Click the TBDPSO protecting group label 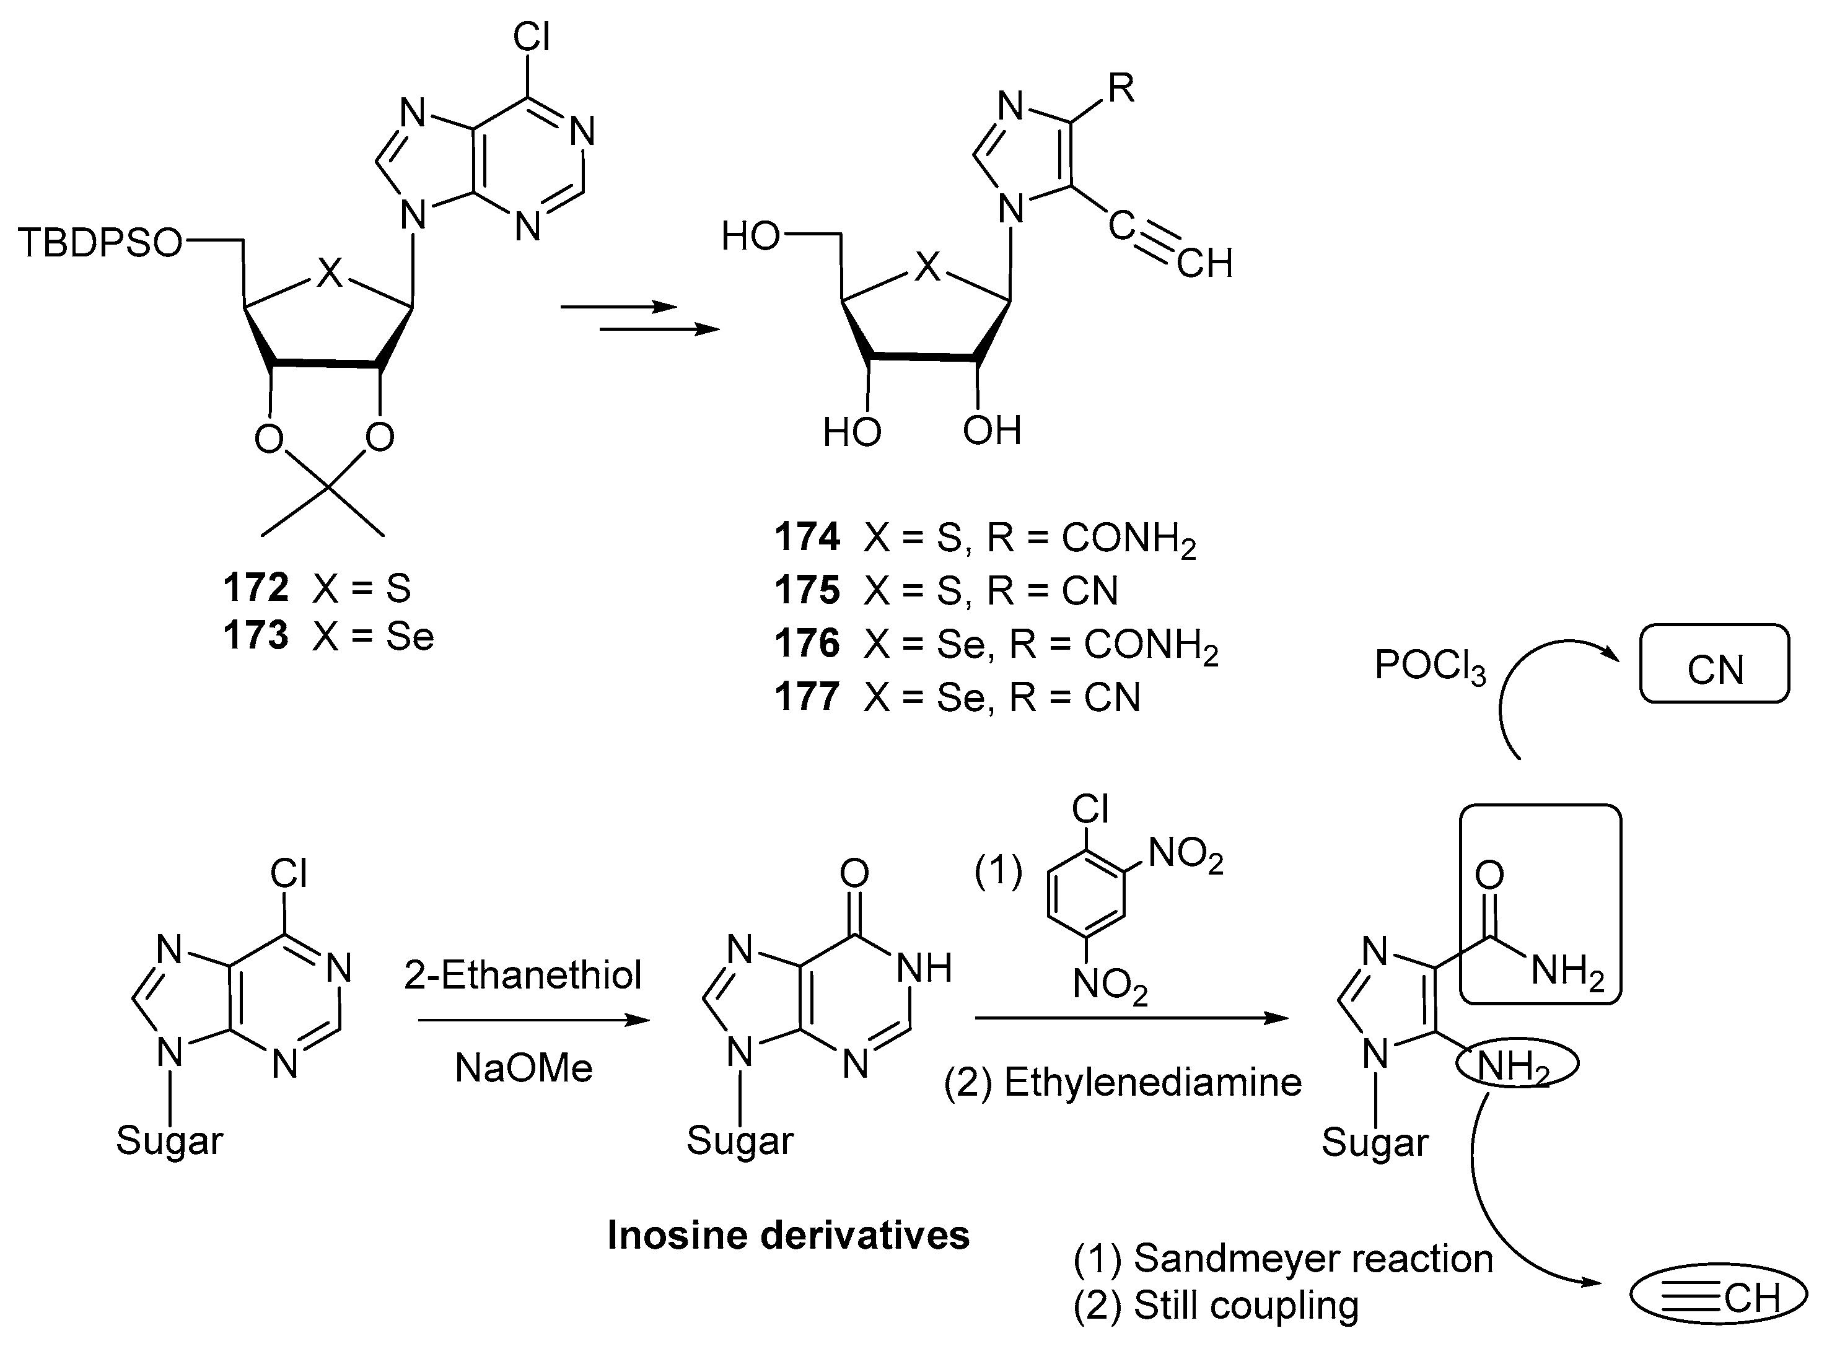(99, 243)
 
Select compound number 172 (256, 588)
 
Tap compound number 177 (807, 697)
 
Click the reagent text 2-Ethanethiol (523, 976)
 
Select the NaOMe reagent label (523, 1068)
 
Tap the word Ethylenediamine (1152, 1083)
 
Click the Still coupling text (1246, 1306)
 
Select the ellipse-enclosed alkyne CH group (1718, 1298)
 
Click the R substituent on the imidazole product (1121, 89)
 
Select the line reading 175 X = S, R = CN (947, 591)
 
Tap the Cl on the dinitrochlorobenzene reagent (1090, 810)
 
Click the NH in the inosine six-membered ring (924, 969)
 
